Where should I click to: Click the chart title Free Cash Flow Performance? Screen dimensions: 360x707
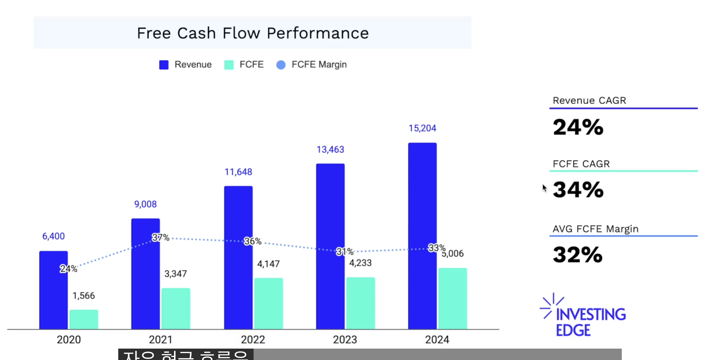click(x=253, y=33)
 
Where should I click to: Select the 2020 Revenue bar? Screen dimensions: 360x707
click(x=53, y=290)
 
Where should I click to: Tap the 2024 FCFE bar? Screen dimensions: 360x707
click(x=452, y=298)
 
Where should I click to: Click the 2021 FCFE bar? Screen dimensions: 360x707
click(x=176, y=308)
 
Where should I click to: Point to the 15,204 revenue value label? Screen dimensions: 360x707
click(x=422, y=128)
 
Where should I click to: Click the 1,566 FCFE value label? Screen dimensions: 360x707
click(x=84, y=296)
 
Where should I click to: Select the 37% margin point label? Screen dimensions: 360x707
click(x=161, y=238)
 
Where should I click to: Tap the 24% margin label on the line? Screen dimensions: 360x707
click(x=68, y=268)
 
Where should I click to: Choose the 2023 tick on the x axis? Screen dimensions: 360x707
click(x=345, y=340)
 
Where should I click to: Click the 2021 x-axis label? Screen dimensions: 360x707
click(x=161, y=340)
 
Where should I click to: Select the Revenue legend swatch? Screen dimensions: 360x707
click(x=164, y=65)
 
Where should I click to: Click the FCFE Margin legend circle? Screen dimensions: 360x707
click(x=281, y=65)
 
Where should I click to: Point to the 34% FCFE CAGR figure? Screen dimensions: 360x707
click(x=578, y=190)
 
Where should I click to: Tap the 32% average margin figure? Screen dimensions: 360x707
click(x=577, y=255)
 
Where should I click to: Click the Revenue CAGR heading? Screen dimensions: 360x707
click(x=589, y=100)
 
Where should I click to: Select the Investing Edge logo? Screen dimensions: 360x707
click(x=583, y=315)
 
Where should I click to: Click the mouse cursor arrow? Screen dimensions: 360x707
click(x=544, y=188)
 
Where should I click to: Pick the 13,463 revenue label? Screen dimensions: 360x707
click(x=330, y=149)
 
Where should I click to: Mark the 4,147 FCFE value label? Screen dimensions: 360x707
click(x=268, y=264)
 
